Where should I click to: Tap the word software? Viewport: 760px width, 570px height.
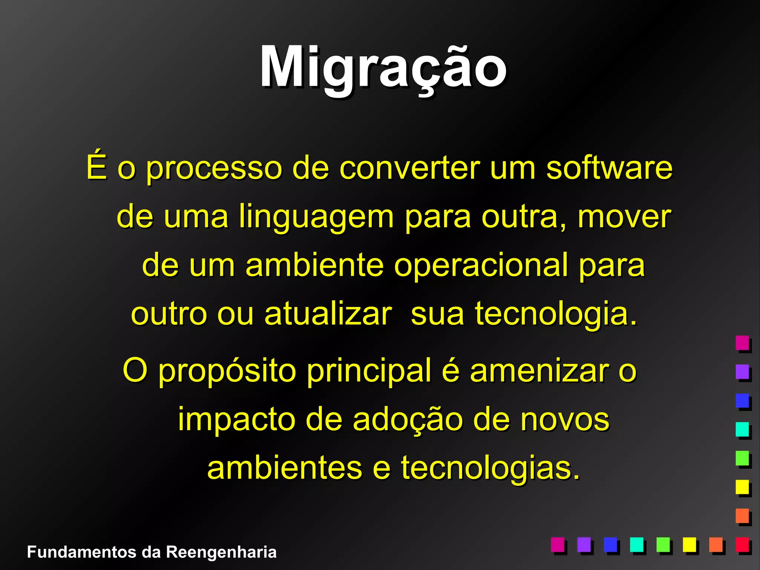[609, 168]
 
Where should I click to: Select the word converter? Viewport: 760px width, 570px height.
[410, 168]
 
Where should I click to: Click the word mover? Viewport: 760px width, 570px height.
[624, 217]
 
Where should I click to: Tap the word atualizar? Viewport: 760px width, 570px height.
[328, 314]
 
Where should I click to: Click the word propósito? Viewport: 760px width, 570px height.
[227, 371]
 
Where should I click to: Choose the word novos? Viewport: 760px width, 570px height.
[564, 419]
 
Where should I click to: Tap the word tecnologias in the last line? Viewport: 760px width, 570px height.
[490, 468]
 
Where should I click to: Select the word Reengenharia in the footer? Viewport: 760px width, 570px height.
[221, 552]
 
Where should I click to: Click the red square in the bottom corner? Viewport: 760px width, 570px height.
[743, 544]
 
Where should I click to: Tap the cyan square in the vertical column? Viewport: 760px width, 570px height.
[742, 429]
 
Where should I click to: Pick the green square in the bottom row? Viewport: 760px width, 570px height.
[663, 544]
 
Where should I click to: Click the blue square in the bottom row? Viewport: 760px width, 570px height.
[610, 544]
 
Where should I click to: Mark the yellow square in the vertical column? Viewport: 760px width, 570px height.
[742, 487]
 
